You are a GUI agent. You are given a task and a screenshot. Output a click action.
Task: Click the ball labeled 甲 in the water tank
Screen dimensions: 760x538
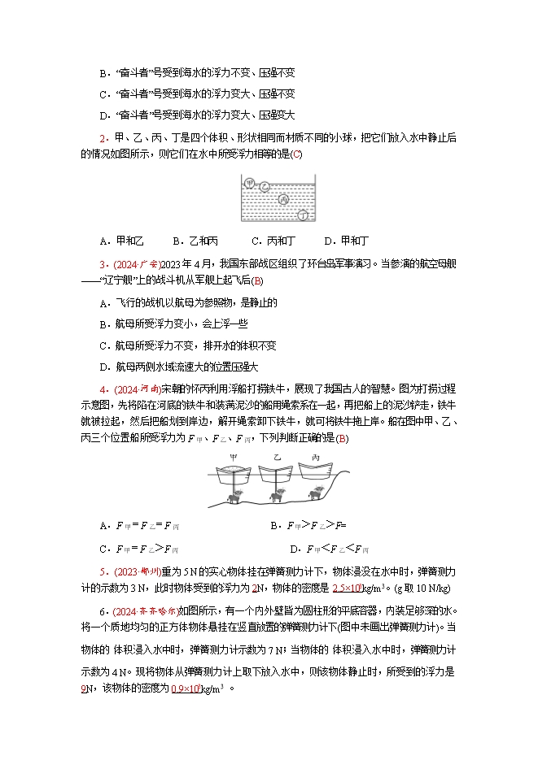tap(251, 183)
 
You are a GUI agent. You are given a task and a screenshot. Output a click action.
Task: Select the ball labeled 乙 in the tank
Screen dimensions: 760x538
tap(264, 188)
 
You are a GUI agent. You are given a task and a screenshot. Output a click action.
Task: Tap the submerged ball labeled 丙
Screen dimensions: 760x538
tap(284, 199)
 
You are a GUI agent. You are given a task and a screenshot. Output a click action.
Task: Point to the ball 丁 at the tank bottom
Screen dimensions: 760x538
tap(303, 215)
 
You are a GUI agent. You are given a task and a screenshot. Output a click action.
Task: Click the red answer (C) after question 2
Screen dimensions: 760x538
tap(296, 154)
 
